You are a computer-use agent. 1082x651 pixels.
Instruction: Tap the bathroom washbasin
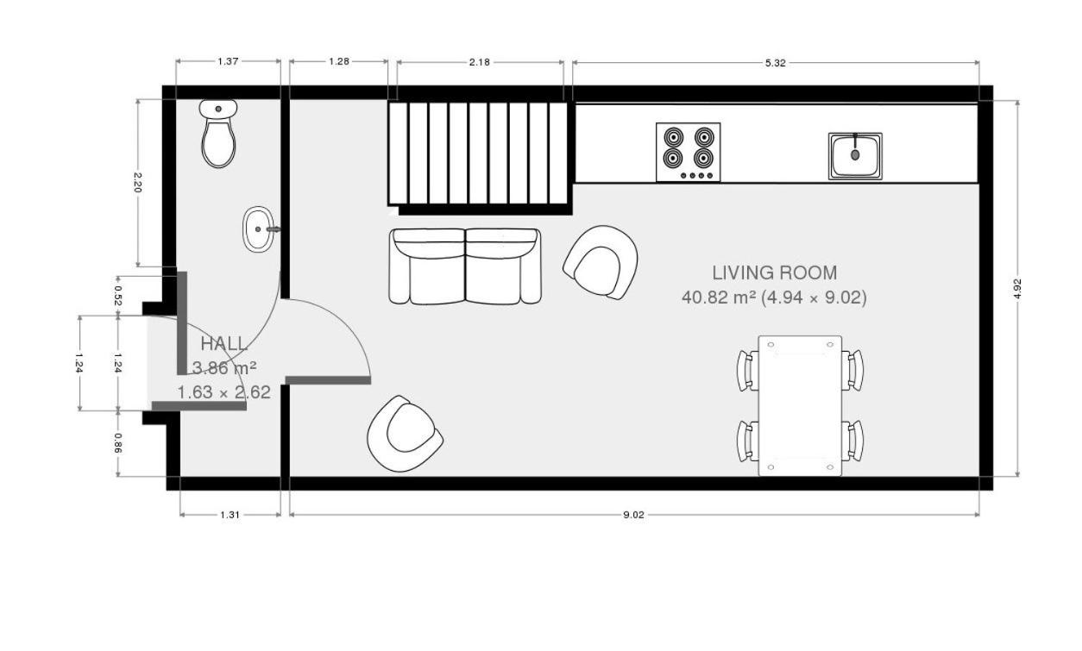click(x=260, y=229)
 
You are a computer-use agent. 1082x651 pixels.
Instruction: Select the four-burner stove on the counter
click(x=689, y=152)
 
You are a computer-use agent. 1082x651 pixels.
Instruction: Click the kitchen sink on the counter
click(x=855, y=156)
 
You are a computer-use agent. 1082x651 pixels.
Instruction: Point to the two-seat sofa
click(x=465, y=266)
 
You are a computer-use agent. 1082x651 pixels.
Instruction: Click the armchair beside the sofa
click(x=601, y=262)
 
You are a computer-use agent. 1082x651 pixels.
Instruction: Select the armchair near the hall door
click(x=405, y=434)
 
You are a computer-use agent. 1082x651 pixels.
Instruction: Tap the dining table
click(x=800, y=406)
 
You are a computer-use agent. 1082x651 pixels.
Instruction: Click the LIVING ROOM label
click(x=775, y=273)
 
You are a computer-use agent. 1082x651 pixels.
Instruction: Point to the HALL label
click(x=224, y=344)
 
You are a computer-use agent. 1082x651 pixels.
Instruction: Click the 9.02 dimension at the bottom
click(x=633, y=515)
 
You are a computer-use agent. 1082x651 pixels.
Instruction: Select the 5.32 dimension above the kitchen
click(x=776, y=63)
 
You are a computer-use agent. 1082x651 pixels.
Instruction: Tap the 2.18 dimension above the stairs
click(x=479, y=62)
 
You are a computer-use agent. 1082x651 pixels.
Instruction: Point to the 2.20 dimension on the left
click(x=137, y=183)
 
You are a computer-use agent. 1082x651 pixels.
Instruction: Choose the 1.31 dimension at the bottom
click(x=230, y=515)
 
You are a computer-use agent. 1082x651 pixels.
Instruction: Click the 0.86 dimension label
click(x=118, y=443)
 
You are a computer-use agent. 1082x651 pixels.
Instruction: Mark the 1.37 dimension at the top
click(x=228, y=61)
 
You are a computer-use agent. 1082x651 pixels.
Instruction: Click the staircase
click(x=481, y=154)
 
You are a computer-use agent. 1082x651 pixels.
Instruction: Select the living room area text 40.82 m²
click(x=718, y=297)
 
